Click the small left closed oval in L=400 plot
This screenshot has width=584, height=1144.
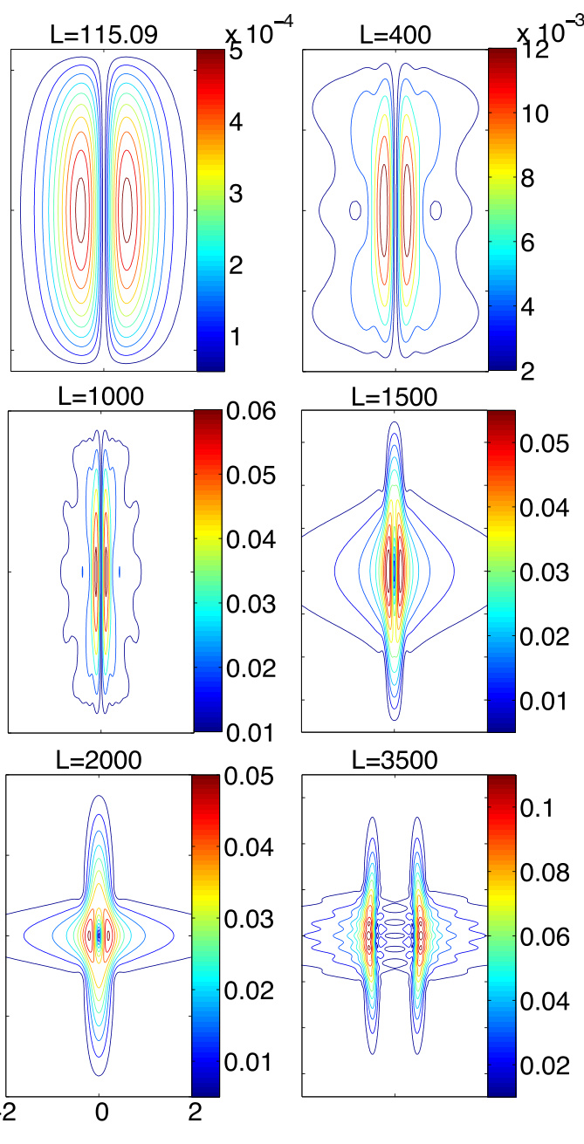(355, 210)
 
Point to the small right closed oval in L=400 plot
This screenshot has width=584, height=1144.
(436, 210)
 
